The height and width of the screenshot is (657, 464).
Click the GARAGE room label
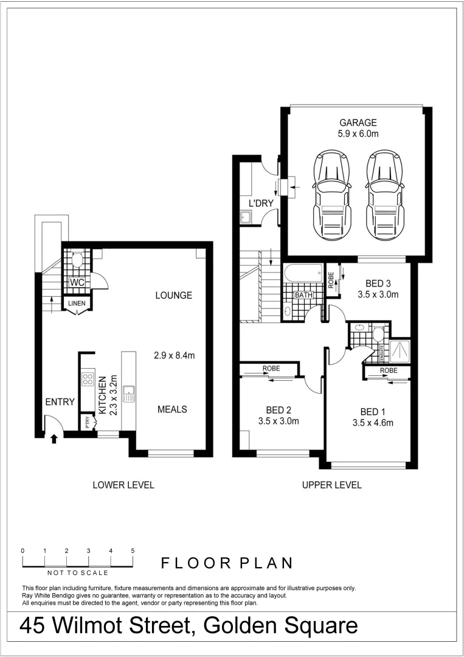(358, 122)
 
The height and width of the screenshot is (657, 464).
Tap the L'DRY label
(261, 203)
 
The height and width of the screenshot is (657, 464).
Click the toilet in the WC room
(77, 261)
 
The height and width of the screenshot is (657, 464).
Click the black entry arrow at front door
(54, 437)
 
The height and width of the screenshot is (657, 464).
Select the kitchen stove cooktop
(88, 380)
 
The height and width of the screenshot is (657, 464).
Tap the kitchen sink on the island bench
(128, 394)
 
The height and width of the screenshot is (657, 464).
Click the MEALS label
(172, 409)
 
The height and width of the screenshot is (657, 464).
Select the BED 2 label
(279, 409)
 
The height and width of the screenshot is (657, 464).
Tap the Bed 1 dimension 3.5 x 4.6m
(373, 423)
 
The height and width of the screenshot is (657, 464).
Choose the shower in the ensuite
(399, 349)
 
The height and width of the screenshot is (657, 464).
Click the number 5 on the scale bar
(133, 550)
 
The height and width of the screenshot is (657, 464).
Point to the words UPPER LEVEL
(331, 485)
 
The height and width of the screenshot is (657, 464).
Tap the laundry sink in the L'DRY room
(246, 216)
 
